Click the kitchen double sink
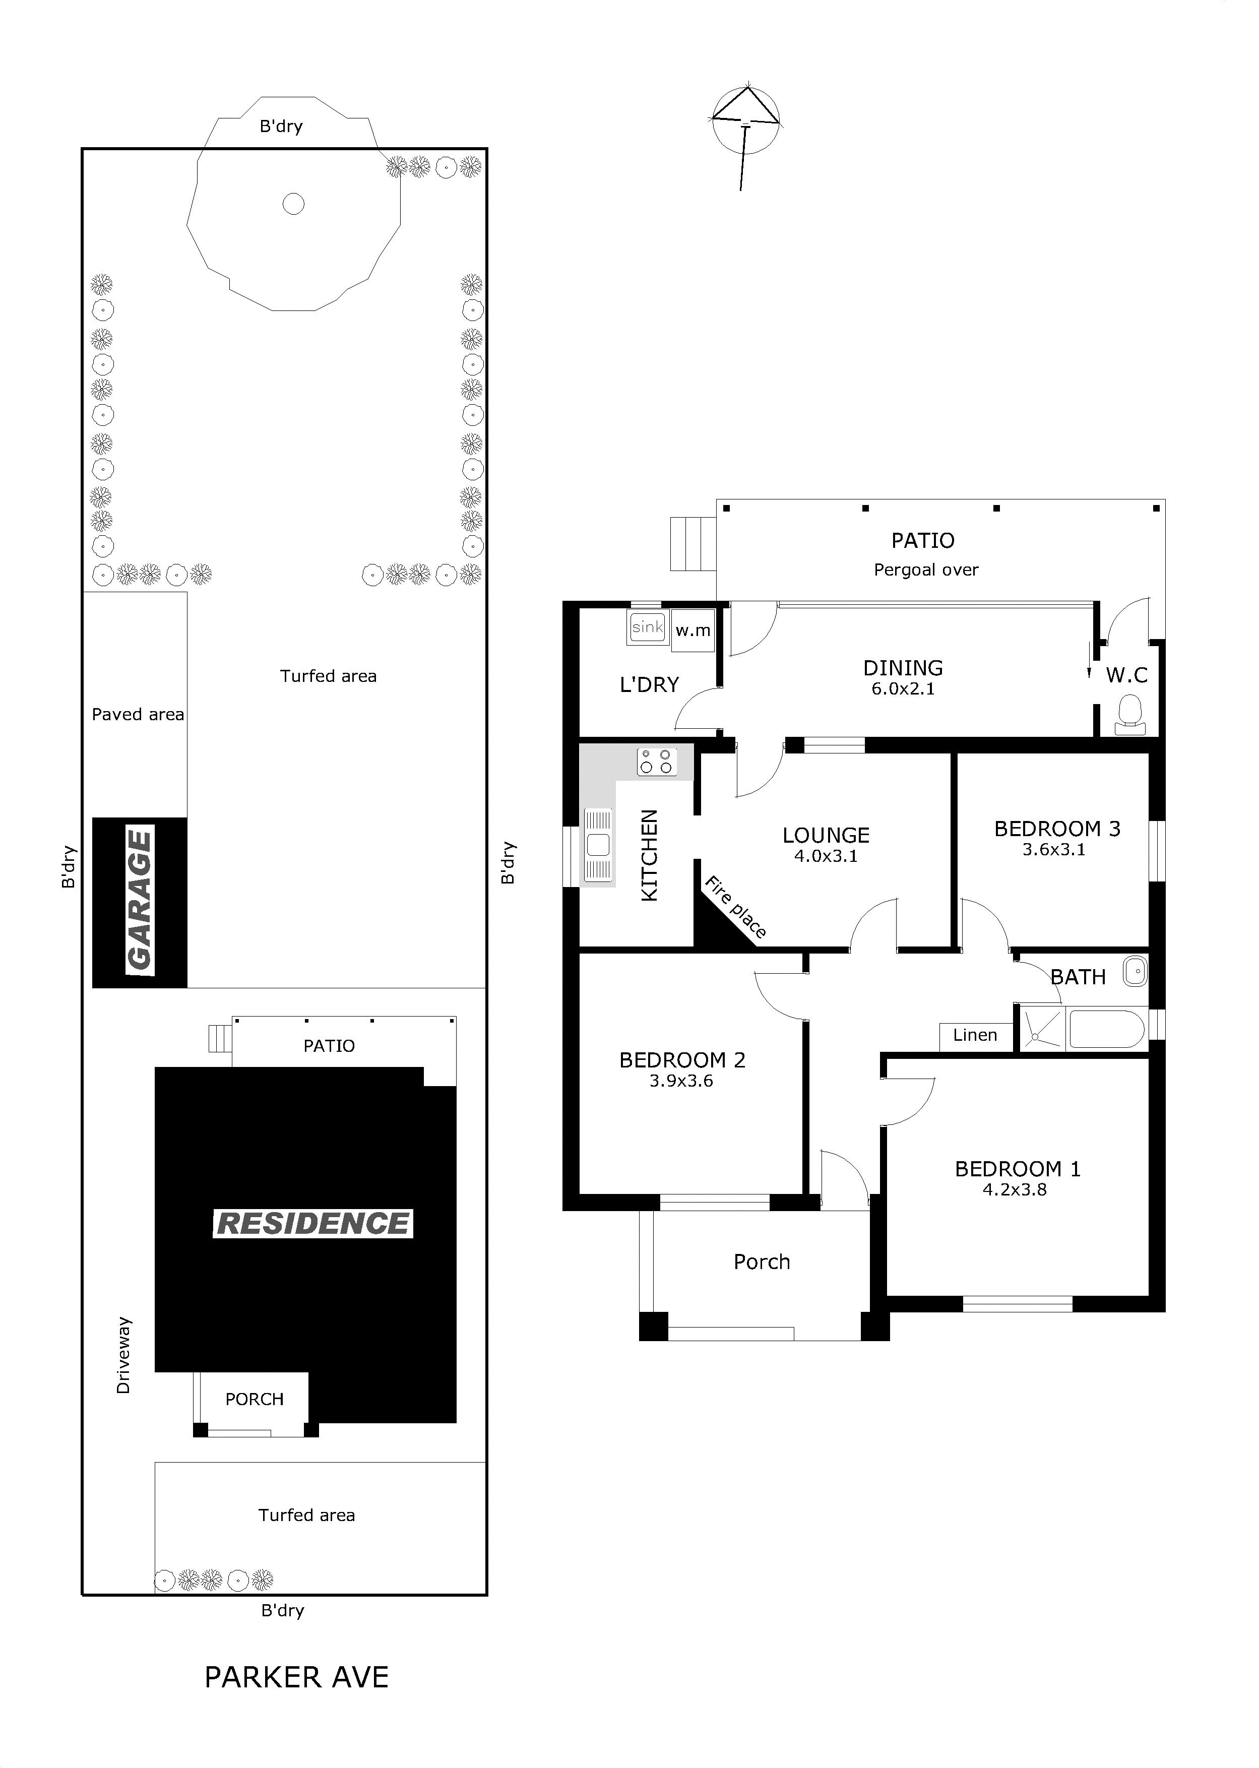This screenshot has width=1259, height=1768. coord(598,845)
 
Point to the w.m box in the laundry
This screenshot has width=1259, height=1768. coord(693,630)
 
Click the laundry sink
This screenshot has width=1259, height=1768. coord(647,627)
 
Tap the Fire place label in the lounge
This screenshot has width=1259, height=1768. coord(735,906)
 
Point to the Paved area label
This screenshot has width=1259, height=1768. coord(138,715)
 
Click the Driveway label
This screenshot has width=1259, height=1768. coord(123,1356)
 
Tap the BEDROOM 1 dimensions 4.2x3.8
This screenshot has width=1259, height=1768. coord(1015,1190)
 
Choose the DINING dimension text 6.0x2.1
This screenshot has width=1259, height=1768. coord(903,688)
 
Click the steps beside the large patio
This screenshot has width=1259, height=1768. coord(693,544)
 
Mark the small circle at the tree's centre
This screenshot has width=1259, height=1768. coord(293,204)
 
